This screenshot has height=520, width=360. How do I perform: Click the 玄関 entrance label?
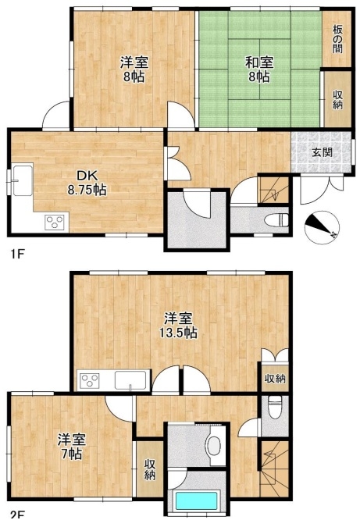click(x=322, y=152)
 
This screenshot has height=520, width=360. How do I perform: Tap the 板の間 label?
click(x=338, y=40)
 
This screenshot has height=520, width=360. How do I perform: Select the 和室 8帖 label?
click(x=259, y=69)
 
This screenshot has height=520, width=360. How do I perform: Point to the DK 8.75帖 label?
click(x=87, y=183)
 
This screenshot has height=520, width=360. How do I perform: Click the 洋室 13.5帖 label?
click(x=179, y=326)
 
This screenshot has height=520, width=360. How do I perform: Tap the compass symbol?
click(x=322, y=227)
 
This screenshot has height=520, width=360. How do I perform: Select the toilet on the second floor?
click(x=274, y=408)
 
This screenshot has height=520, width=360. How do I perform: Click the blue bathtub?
click(x=196, y=500)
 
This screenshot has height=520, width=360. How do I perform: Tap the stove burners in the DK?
click(x=55, y=221)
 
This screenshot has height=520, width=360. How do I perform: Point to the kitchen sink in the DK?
click(x=23, y=180)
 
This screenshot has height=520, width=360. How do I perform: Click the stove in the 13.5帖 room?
click(x=91, y=380)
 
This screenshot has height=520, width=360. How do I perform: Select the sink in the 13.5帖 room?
click(x=130, y=380)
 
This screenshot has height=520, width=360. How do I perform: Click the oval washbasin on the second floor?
click(x=215, y=446)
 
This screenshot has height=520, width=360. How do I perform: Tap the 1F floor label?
click(x=17, y=255)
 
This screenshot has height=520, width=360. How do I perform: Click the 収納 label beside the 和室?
click(x=338, y=100)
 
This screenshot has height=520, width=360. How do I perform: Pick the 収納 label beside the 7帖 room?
click(x=150, y=470)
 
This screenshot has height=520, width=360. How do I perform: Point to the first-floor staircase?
click(x=273, y=191)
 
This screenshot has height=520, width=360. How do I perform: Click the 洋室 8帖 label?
click(x=134, y=69)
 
